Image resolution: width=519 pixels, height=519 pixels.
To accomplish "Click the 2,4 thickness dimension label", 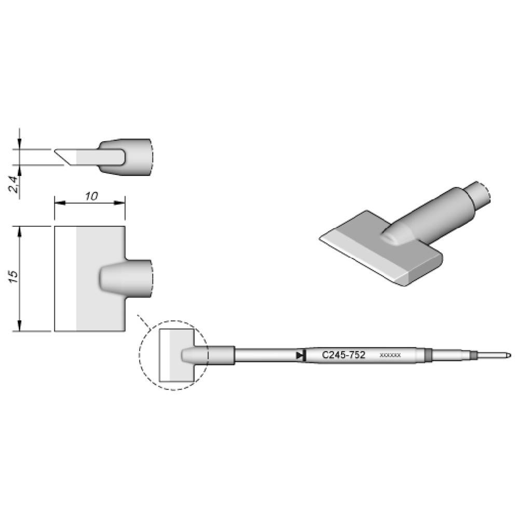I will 15,184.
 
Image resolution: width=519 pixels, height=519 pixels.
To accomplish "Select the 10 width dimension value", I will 91,196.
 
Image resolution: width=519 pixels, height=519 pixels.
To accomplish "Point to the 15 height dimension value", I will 15,276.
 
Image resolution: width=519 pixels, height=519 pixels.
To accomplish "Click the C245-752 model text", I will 344,356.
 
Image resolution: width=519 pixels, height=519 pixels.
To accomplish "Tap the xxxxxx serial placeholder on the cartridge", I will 390,356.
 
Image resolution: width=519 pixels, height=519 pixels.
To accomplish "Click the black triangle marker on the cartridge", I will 299,356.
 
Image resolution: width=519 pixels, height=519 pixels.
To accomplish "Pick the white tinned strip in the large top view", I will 65,278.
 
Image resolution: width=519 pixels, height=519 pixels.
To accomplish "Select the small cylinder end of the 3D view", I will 479,195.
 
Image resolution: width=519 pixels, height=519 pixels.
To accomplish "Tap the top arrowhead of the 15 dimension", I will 20,229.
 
